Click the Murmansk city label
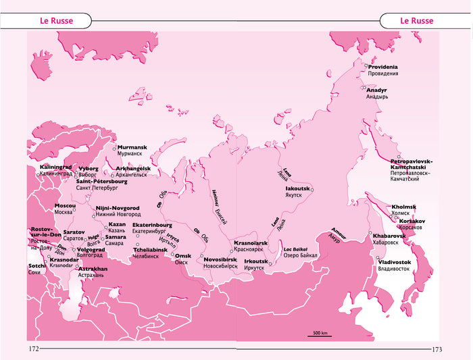(132, 147)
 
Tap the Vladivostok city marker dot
(376, 257)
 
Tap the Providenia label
(383, 67)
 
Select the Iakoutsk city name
(297, 188)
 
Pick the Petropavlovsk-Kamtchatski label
(412, 165)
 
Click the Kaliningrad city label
(56, 166)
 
